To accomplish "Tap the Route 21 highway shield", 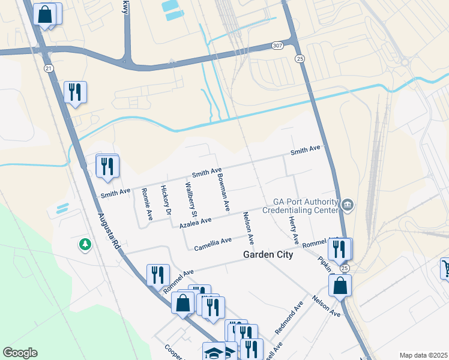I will (x=48, y=68).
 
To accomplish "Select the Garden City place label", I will (x=268, y=255).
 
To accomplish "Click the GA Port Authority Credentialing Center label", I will (x=306, y=206).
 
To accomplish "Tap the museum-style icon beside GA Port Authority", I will (x=348, y=206).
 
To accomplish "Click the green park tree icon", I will (x=85, y=245).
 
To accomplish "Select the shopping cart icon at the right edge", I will (x=445, y=268).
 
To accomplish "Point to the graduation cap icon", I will (x=214, y=352).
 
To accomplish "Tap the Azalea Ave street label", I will (x=196, y=223).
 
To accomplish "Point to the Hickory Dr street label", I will (x=166, y=200).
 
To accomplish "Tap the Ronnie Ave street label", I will (x=146, y=204).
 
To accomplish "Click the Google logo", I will (x=20, y=353).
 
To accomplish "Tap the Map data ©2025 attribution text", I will (x=423, y=355).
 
